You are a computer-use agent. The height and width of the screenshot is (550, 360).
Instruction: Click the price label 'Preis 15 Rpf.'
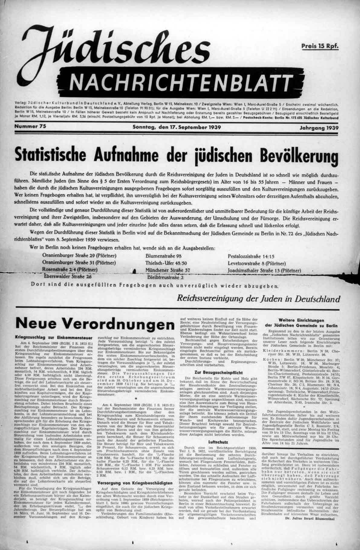(319, 46)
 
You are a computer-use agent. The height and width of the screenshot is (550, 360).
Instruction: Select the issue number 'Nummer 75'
(30, 127)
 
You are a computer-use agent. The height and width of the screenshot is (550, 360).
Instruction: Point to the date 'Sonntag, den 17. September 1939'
(177, 127)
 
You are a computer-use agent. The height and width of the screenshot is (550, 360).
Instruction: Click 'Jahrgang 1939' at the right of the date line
(319, 128)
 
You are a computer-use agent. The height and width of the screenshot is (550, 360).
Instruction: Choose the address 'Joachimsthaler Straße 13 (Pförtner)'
(264, 270)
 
